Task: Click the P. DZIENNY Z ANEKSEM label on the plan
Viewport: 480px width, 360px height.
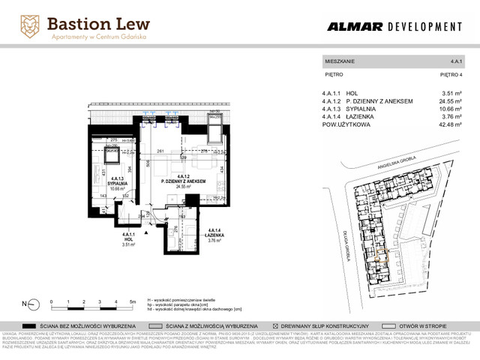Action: (178, 182)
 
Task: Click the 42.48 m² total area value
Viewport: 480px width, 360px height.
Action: (448, 125)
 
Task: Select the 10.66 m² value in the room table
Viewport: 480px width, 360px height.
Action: (448, 109)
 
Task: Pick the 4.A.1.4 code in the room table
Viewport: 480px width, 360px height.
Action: (331, 117)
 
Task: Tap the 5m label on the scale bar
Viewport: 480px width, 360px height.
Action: (132, 300)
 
